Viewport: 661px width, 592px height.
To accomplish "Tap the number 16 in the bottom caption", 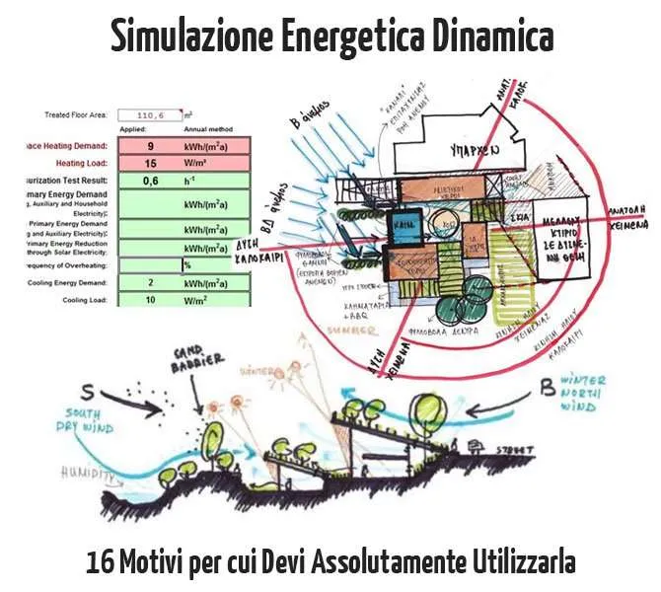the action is point(99,563).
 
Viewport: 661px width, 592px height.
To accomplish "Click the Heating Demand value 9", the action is point(149,145).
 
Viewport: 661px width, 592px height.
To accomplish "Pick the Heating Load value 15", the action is point(150,163).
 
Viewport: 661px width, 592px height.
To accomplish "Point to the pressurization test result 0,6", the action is point(150,181).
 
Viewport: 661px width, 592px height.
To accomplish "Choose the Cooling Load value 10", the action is point(150,299).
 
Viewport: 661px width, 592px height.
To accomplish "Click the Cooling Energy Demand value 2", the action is point(150,282).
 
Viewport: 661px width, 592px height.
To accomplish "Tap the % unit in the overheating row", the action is point(185,264).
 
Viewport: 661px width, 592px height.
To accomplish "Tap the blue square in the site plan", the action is point(403,224).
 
